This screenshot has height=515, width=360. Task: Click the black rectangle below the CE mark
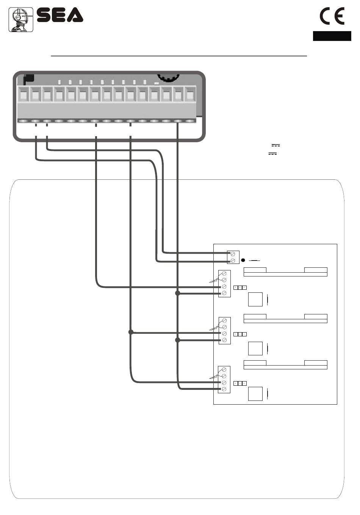pos(332,36)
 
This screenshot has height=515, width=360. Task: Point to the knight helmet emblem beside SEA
pos(21,19)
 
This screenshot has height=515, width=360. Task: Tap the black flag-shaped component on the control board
pos(28,79)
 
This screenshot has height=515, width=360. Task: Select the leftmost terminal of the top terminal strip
pos(24,95)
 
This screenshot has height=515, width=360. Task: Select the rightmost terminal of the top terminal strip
pos(189,95)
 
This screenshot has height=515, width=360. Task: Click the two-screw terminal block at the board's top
pos(233,257)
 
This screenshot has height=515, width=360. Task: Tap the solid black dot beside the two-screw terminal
pos(243,261)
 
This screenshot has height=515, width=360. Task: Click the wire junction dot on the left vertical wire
pos(131,332)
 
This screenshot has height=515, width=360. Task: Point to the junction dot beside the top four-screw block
pos(177,293)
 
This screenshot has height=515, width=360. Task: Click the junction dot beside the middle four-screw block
pos(177,340)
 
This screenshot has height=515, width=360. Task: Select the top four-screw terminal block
pos(224,283)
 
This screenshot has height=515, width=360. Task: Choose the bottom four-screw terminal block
pos(224,379)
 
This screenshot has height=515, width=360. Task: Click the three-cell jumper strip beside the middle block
pos(240,334)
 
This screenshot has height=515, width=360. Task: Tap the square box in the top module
pos(255,299)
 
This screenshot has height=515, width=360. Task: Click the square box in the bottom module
pos(255,394)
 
